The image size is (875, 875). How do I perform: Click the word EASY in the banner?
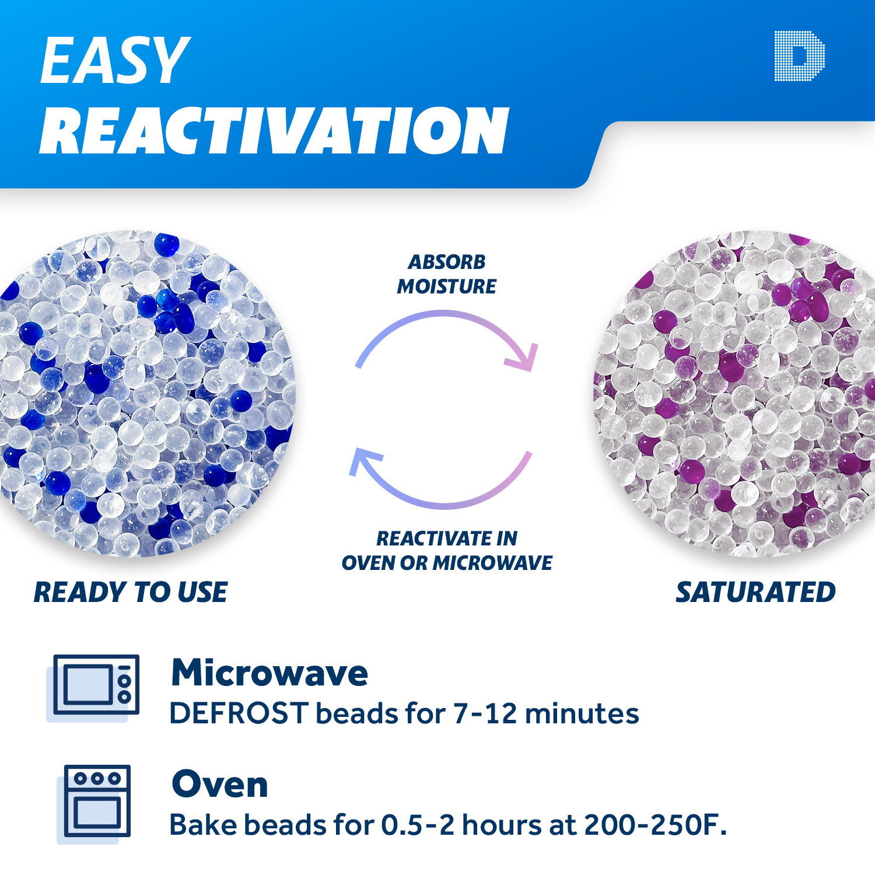pos(115,60)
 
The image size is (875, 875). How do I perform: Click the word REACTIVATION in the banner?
pos(274,131)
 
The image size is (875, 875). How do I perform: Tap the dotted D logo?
pos(799,56)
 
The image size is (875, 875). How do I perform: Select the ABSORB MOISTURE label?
pos(447,274)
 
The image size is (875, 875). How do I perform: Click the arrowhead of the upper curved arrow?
pos(523,356)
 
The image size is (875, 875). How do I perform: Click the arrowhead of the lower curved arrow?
pos(364,460)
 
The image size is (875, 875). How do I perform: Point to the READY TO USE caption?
pos(131,592)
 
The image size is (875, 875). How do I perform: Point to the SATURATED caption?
pos(755,592)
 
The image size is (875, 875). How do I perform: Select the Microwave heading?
pos(269,673)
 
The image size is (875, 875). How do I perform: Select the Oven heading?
pos(220,784)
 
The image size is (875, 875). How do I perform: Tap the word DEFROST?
pos(239,713)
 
